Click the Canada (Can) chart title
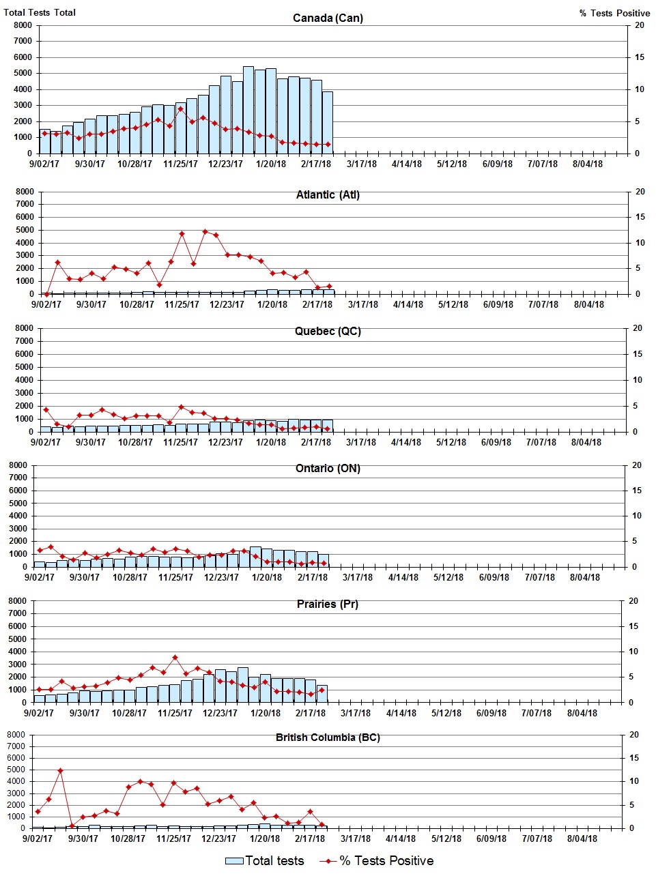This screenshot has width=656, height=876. point(328,18)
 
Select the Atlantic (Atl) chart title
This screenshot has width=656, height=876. point(328,195)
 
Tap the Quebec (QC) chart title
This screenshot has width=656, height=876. point(328,332)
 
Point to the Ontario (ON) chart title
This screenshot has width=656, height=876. point(328,468)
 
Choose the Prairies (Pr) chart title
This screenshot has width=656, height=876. point(328,604)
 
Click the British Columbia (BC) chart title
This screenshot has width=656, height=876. point(328,738)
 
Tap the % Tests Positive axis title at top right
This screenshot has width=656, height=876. point(614,13)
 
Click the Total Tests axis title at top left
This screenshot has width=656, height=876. point(40,12)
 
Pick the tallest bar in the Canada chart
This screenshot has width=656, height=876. point(248,109)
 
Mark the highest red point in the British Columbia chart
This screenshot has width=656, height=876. point(60,770)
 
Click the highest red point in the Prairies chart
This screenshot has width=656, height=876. point(175,658)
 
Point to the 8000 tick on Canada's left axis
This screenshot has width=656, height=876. point(23,25)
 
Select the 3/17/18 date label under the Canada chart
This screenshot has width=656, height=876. point(362,164)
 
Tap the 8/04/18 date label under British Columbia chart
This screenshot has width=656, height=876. point(582,838)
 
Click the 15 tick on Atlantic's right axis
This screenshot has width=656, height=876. point(640,217)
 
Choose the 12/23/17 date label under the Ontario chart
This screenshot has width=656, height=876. point(221,577)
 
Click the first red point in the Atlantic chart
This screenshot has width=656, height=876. point(46,294)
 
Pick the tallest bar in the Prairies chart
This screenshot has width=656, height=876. point(243,684)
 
